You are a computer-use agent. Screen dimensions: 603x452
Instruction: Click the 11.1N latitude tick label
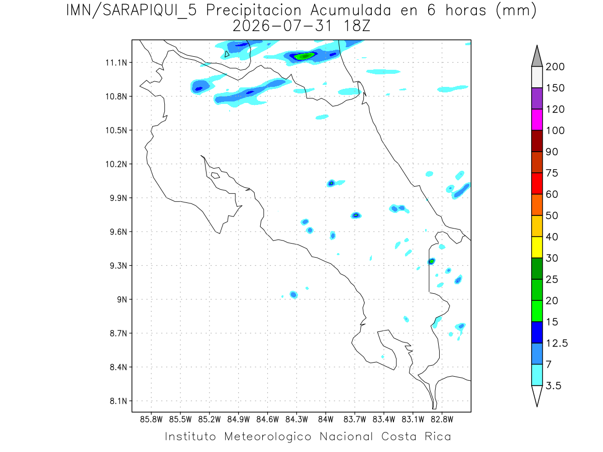(116, 63)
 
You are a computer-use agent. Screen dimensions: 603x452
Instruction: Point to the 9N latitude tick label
(122, 299)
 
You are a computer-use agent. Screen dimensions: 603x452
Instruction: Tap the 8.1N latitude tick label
(119, 401)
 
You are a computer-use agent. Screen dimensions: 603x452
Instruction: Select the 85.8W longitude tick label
(151, 420)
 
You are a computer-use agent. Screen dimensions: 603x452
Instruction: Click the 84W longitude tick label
(326, 420)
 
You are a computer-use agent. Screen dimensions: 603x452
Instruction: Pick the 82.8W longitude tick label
(442, 420)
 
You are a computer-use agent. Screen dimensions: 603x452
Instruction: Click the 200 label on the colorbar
(555, 67)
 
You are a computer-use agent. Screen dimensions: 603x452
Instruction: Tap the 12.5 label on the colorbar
(557, 344)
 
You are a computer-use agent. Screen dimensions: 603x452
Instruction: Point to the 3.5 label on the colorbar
(553, 386)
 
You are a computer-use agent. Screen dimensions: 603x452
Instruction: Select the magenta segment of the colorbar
(537, 120)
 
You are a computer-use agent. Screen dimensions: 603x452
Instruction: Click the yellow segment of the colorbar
(537, 247)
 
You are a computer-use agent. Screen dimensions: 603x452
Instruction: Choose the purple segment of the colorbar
(537, 98)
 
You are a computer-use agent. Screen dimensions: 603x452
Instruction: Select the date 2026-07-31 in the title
(282, 26)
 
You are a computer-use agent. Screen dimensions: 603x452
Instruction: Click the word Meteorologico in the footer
(267, 436)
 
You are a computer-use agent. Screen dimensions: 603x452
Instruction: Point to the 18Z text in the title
(357, 26)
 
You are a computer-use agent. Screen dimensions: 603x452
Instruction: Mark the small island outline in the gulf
(216, 175)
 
